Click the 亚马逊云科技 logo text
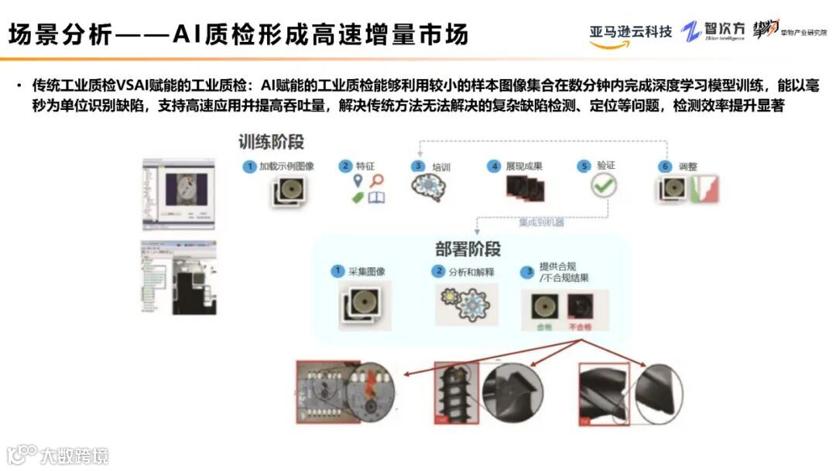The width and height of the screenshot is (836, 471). point(630,32)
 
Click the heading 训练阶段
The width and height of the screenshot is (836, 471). point(271,142)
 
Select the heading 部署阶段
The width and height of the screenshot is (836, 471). point(468,249)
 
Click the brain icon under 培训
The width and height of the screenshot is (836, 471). point(427,188)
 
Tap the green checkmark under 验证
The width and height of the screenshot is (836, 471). point(603,187)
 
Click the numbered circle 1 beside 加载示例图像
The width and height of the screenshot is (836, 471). point(249,167)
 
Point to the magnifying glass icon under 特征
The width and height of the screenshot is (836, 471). point(377,181)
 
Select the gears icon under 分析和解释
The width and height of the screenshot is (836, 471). point(463,303)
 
